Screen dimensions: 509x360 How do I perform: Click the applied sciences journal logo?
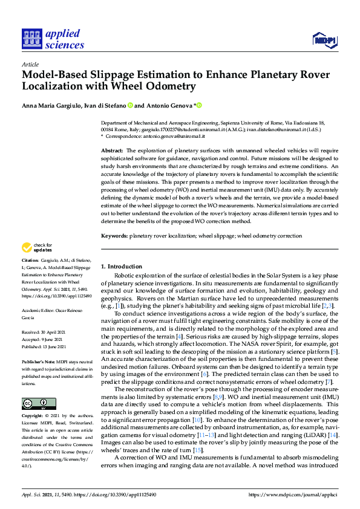[53, 39]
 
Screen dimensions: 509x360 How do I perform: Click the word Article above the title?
[30, 64]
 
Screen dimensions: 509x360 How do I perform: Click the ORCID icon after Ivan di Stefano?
[129, 105]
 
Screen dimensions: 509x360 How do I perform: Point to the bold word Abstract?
[112, 149]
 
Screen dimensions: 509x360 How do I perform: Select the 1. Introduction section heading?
[121, 267]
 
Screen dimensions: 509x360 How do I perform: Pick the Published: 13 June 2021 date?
[47, 347]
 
